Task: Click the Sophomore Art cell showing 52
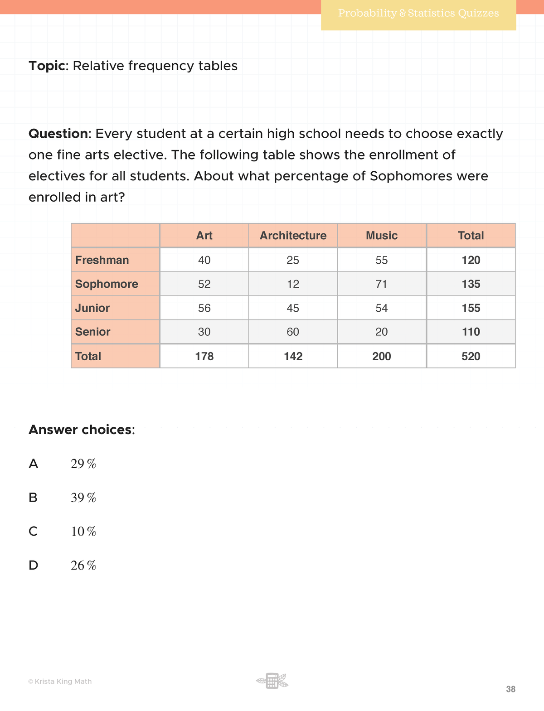pyautogui.click(x=204, y=284)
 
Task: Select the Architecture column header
pyautogui.click(x=293, y=236)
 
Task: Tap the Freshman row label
pyautogui.click(x=102, y=260)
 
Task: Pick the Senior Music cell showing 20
pyautogui.click(x=381, y=332)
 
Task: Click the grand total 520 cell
pyautogui.click(x=471, y=356)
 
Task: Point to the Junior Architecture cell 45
pyautogui.click(x=293, y=308)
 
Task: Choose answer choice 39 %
pyautogui.click(x=83, y=498)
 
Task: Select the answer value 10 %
pyautogui.click(x=83, y=532)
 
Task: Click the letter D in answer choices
pyautogui.click(x=33, y=565)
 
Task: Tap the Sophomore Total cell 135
pyautogui.click(x=471, y=284)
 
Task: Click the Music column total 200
pyautogui.click(x=381, y=356)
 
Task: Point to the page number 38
pyautogui.click(x=510, y=689)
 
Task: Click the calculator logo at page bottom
pyautogui.click(x=272, y=681)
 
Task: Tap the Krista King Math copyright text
pyautogui.click(x=60, y=682)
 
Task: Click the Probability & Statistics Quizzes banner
pyautogui.click(x=418, y=14)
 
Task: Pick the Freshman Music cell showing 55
pyautogui.click(x=381, y=260)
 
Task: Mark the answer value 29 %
pyautogui.click(x=83, y=464)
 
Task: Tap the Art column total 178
pyautogui.click(x=204, y=356)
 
